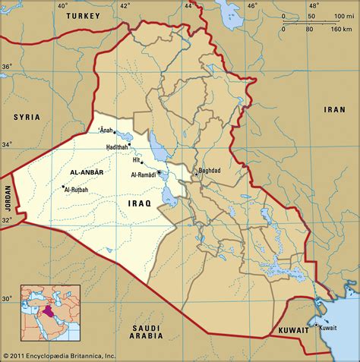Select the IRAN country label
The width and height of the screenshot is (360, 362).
click(335, 109)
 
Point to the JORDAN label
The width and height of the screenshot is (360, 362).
click(7, 201)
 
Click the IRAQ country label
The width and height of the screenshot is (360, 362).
click(140, 203)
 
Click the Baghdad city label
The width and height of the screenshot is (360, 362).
click(208, 171)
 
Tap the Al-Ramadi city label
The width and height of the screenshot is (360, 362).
click(143, 175)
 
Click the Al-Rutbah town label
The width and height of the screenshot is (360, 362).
click(77, 189)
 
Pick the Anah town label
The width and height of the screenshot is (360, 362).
click(106, 130)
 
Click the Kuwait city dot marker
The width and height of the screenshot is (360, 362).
click(315, 326)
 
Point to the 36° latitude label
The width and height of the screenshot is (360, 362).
click(7, 66)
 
